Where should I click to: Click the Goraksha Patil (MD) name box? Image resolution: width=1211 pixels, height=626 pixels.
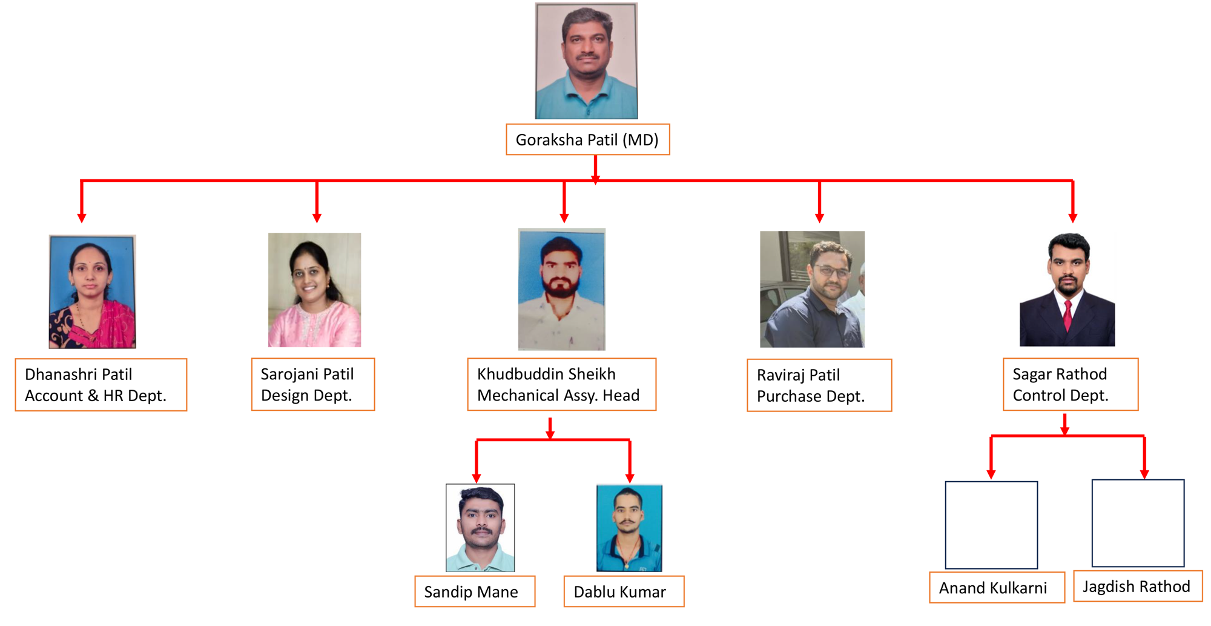pos(587,139)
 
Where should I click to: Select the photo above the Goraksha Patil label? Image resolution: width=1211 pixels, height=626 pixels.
pos(586,61)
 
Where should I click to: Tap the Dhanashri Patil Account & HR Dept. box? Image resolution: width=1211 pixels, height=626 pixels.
pos(101,385)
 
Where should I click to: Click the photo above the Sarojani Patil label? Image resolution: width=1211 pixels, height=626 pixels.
pos(314,290)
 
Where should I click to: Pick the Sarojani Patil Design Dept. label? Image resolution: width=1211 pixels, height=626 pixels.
pos(313,384)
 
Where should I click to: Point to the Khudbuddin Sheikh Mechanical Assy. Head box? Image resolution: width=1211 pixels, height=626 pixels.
pos(561,384)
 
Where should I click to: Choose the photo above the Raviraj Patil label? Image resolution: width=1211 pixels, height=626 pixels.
pos(812,289)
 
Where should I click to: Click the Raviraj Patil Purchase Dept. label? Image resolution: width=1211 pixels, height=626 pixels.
pos(819,385)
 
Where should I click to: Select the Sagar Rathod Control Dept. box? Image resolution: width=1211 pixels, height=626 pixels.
pos(1071,384)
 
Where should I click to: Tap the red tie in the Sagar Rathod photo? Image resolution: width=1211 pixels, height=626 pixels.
pos(1067,315)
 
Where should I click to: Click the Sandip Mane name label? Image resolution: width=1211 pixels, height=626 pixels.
pos(475,591)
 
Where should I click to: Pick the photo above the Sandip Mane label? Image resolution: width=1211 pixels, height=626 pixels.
pos(480,527)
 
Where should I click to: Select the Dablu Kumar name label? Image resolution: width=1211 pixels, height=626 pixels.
pos(624,591)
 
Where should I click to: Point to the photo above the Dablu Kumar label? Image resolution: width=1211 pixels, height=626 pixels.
pos(629,528)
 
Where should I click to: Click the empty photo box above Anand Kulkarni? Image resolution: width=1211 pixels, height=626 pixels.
pos(991,525)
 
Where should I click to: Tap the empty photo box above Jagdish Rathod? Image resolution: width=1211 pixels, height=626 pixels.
pos(1138,523)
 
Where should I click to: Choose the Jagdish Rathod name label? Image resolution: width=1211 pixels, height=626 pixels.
pos(1138,586)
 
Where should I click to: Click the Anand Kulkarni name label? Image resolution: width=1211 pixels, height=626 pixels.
pos(997,587)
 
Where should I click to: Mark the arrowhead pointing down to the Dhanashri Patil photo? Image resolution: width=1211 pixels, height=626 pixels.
pos(82,218)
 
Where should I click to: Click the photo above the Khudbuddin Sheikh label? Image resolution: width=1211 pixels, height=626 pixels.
pos(561,289)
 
